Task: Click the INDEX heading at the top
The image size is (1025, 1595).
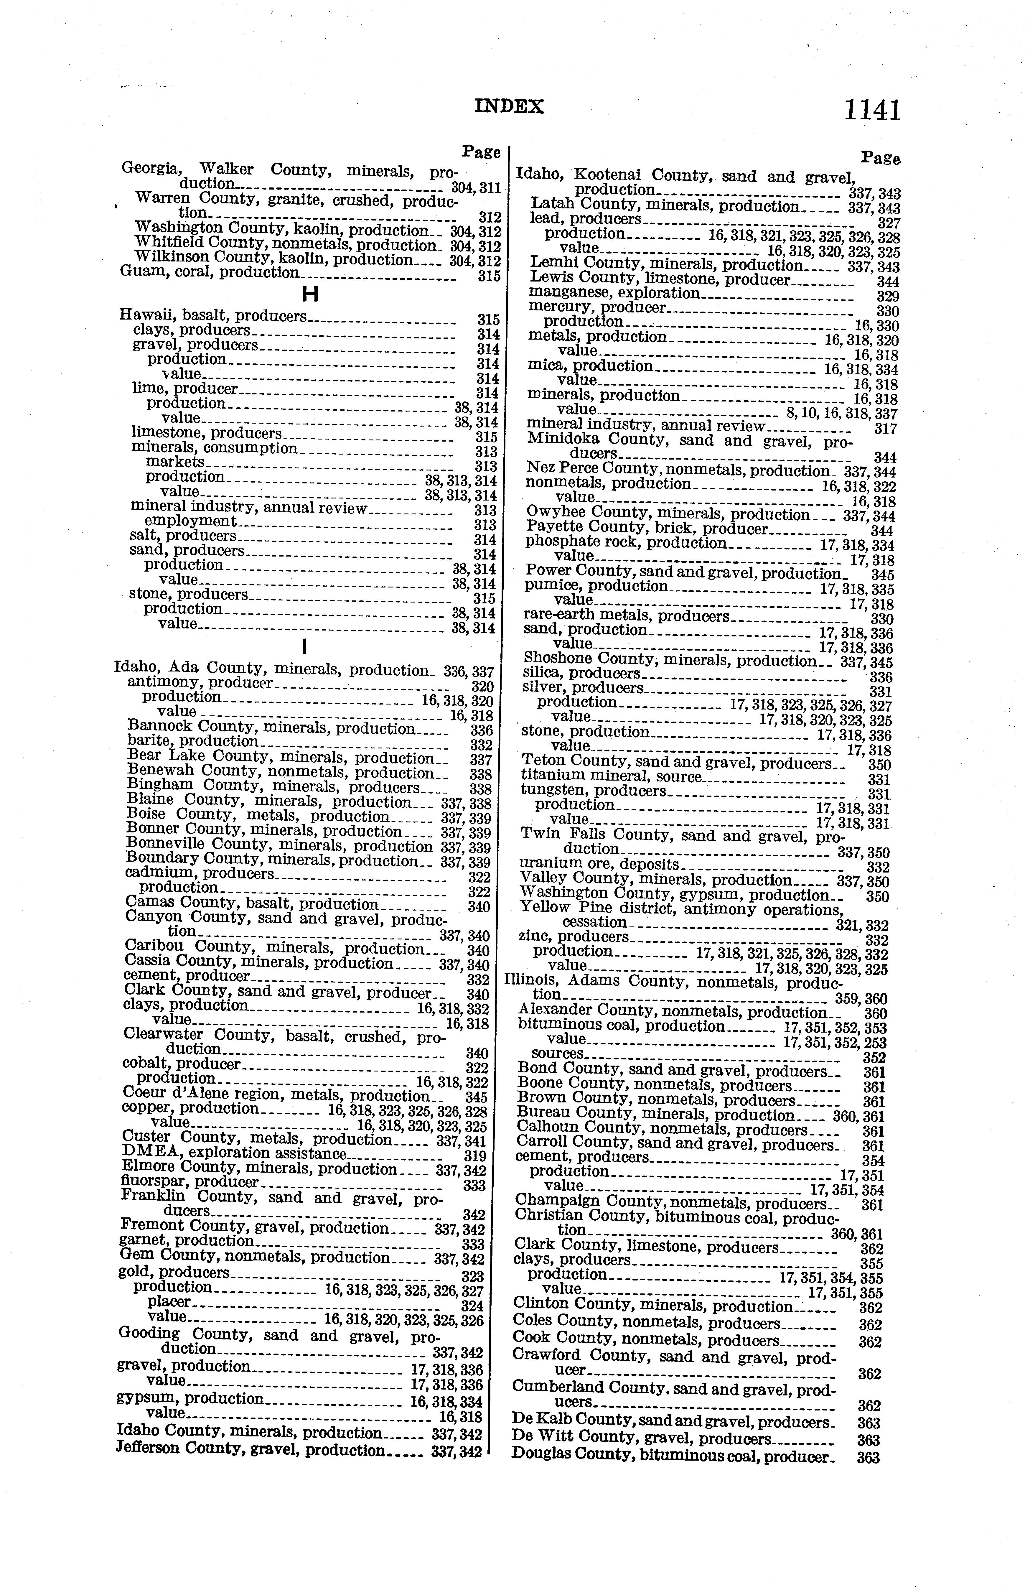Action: point(509,106)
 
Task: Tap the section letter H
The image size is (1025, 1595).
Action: point(309,294)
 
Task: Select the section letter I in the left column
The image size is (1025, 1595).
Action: point(304,646)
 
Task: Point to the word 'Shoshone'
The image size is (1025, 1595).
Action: point(558,659)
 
